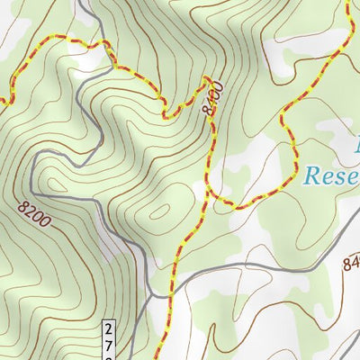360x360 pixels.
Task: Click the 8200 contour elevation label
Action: tap(34, 211)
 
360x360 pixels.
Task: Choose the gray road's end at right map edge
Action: tap(358, 221)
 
